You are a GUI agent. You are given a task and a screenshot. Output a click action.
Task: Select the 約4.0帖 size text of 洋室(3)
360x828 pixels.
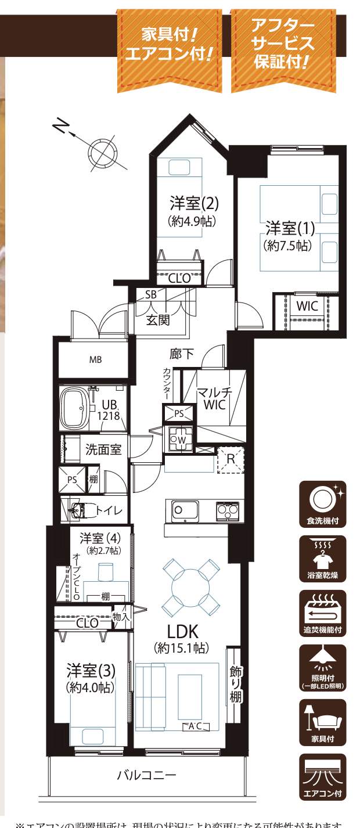coord(90,687)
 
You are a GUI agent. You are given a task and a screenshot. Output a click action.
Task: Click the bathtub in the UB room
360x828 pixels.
coord(74,407)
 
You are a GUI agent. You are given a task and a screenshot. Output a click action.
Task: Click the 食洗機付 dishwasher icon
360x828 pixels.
coord(323,503)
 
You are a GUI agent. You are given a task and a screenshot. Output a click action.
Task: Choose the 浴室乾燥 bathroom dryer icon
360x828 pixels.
coord(323,558)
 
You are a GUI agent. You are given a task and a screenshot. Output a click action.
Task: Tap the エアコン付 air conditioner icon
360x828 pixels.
coord(323,776)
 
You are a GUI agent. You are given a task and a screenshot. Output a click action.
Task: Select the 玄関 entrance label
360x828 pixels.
coord(158,319)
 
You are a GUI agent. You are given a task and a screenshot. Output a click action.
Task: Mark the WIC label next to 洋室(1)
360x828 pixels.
coord(307,305)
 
